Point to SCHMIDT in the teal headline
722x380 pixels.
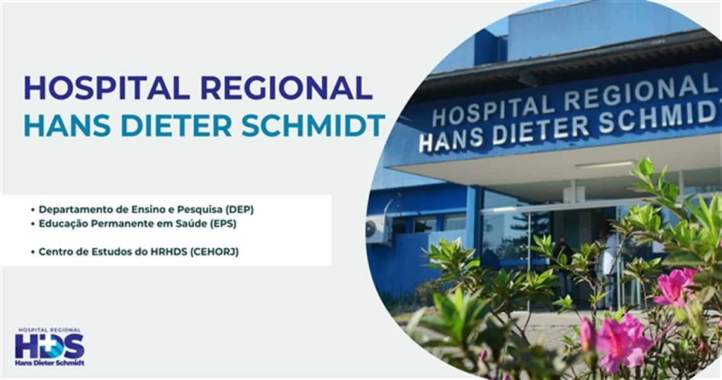click(313, 125)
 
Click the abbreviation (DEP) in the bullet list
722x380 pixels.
click(239, 210)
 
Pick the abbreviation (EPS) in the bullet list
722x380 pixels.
click(223, 224)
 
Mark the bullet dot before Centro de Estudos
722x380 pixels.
click(33, 252)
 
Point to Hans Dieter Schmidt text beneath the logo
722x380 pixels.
click(50, 363)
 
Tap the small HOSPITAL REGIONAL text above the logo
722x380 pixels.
click(50, 330)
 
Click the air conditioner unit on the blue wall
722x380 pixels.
click(378, 229)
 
